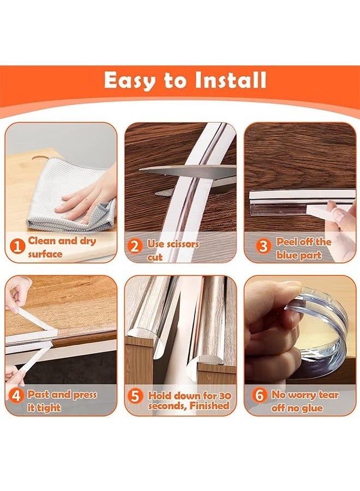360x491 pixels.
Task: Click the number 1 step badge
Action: click(x=17, y=246)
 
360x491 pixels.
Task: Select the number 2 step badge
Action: click(x=134, y=246)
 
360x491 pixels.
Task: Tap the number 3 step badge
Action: click(x=263, y=246)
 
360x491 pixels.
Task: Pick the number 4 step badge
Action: click(x=16, y=396)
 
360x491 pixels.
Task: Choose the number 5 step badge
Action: click(x=135, y=396)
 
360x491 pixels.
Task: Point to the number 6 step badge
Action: click(x=260, y=395)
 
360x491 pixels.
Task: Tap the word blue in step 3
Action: click(x=286, y=255)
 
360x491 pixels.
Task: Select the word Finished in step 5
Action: click(x=210, y=406)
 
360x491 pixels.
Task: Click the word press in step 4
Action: click(x=85, y=395)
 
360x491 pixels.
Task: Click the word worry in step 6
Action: click(x=302, y=396)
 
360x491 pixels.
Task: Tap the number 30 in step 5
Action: click(x=225, y=396)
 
